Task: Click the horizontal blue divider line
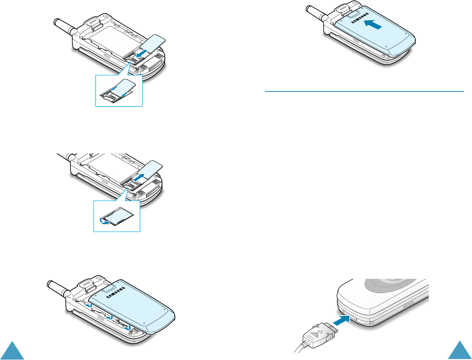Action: pos(364,91)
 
